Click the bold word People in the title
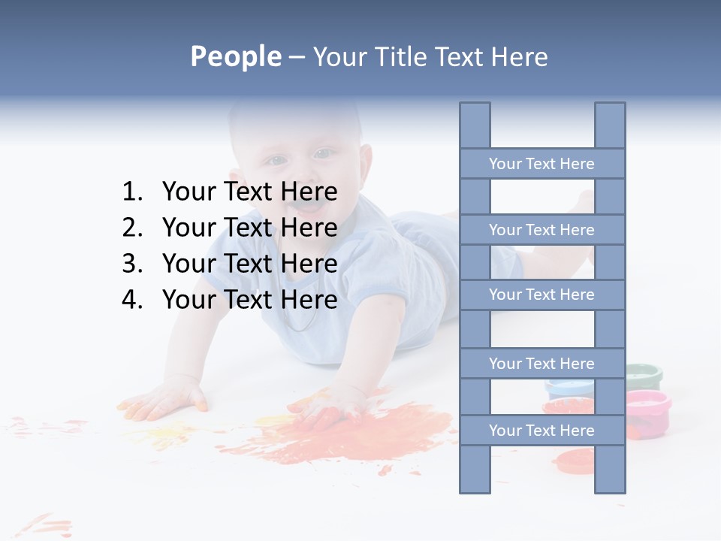235,56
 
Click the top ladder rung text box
542,164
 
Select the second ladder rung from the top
542,230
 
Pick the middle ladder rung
542,295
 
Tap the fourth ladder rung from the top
542,364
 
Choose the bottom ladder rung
542,431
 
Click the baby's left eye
323,154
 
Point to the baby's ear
366,162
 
